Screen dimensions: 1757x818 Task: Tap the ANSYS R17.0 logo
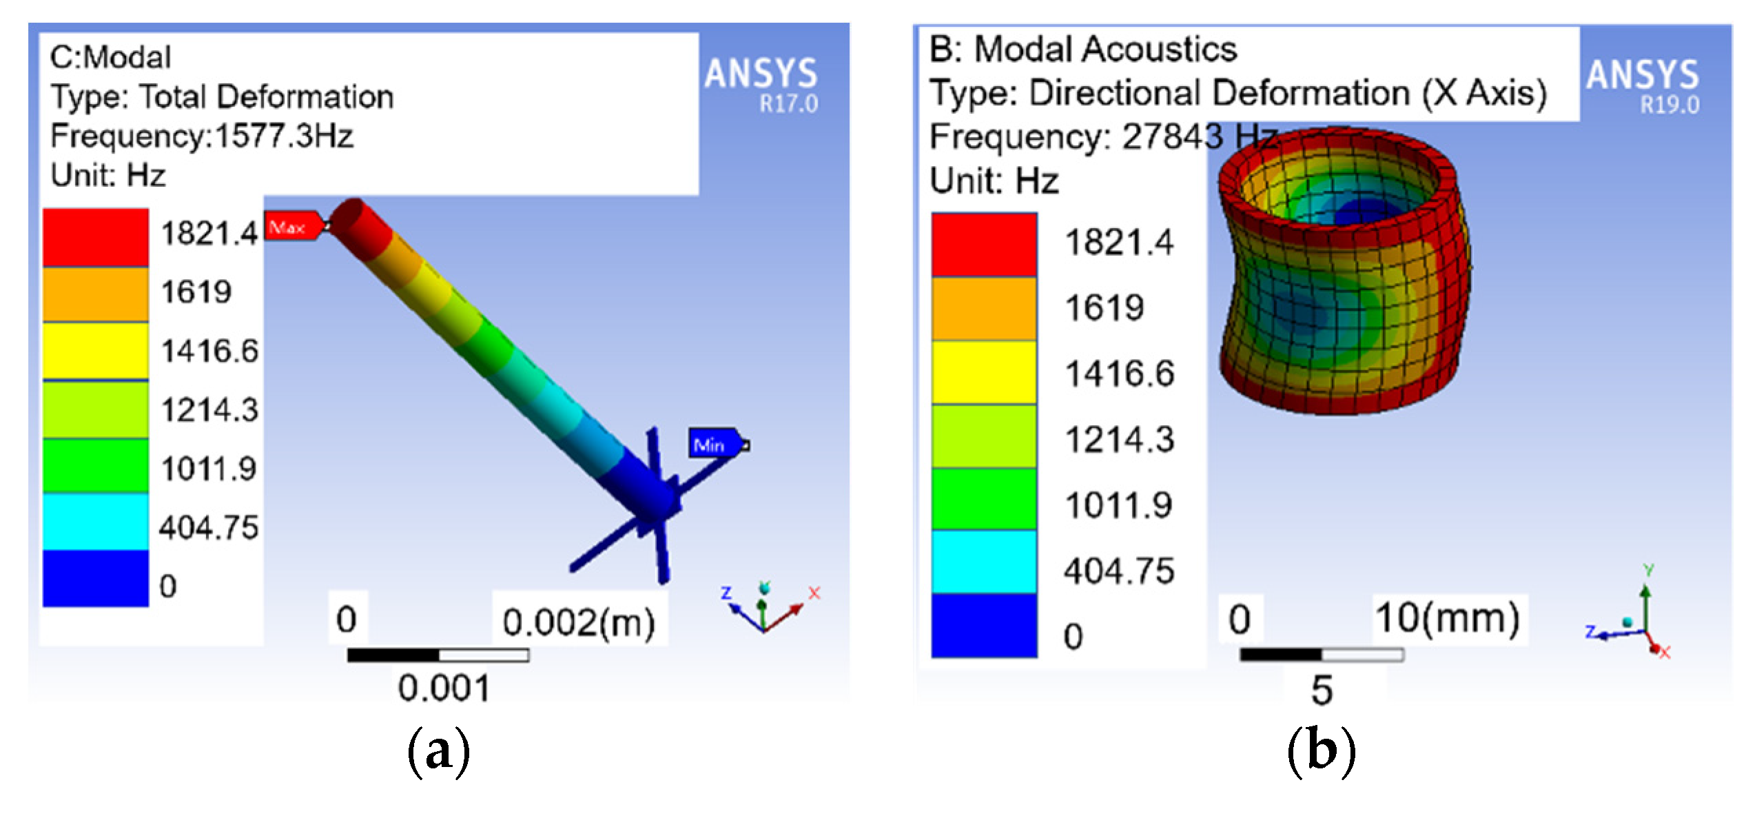[x=761, y=85]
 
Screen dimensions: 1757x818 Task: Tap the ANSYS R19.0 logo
[x=1643, y=86]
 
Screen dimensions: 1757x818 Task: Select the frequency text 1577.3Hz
[x=284, y=136]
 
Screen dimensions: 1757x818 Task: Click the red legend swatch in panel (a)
[x=96, y=237]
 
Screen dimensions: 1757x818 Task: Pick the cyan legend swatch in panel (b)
[x=984, y=561]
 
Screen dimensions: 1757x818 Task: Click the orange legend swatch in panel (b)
[x=984, y=309]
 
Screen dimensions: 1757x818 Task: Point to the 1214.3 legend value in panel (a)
[x=209, y=410]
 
